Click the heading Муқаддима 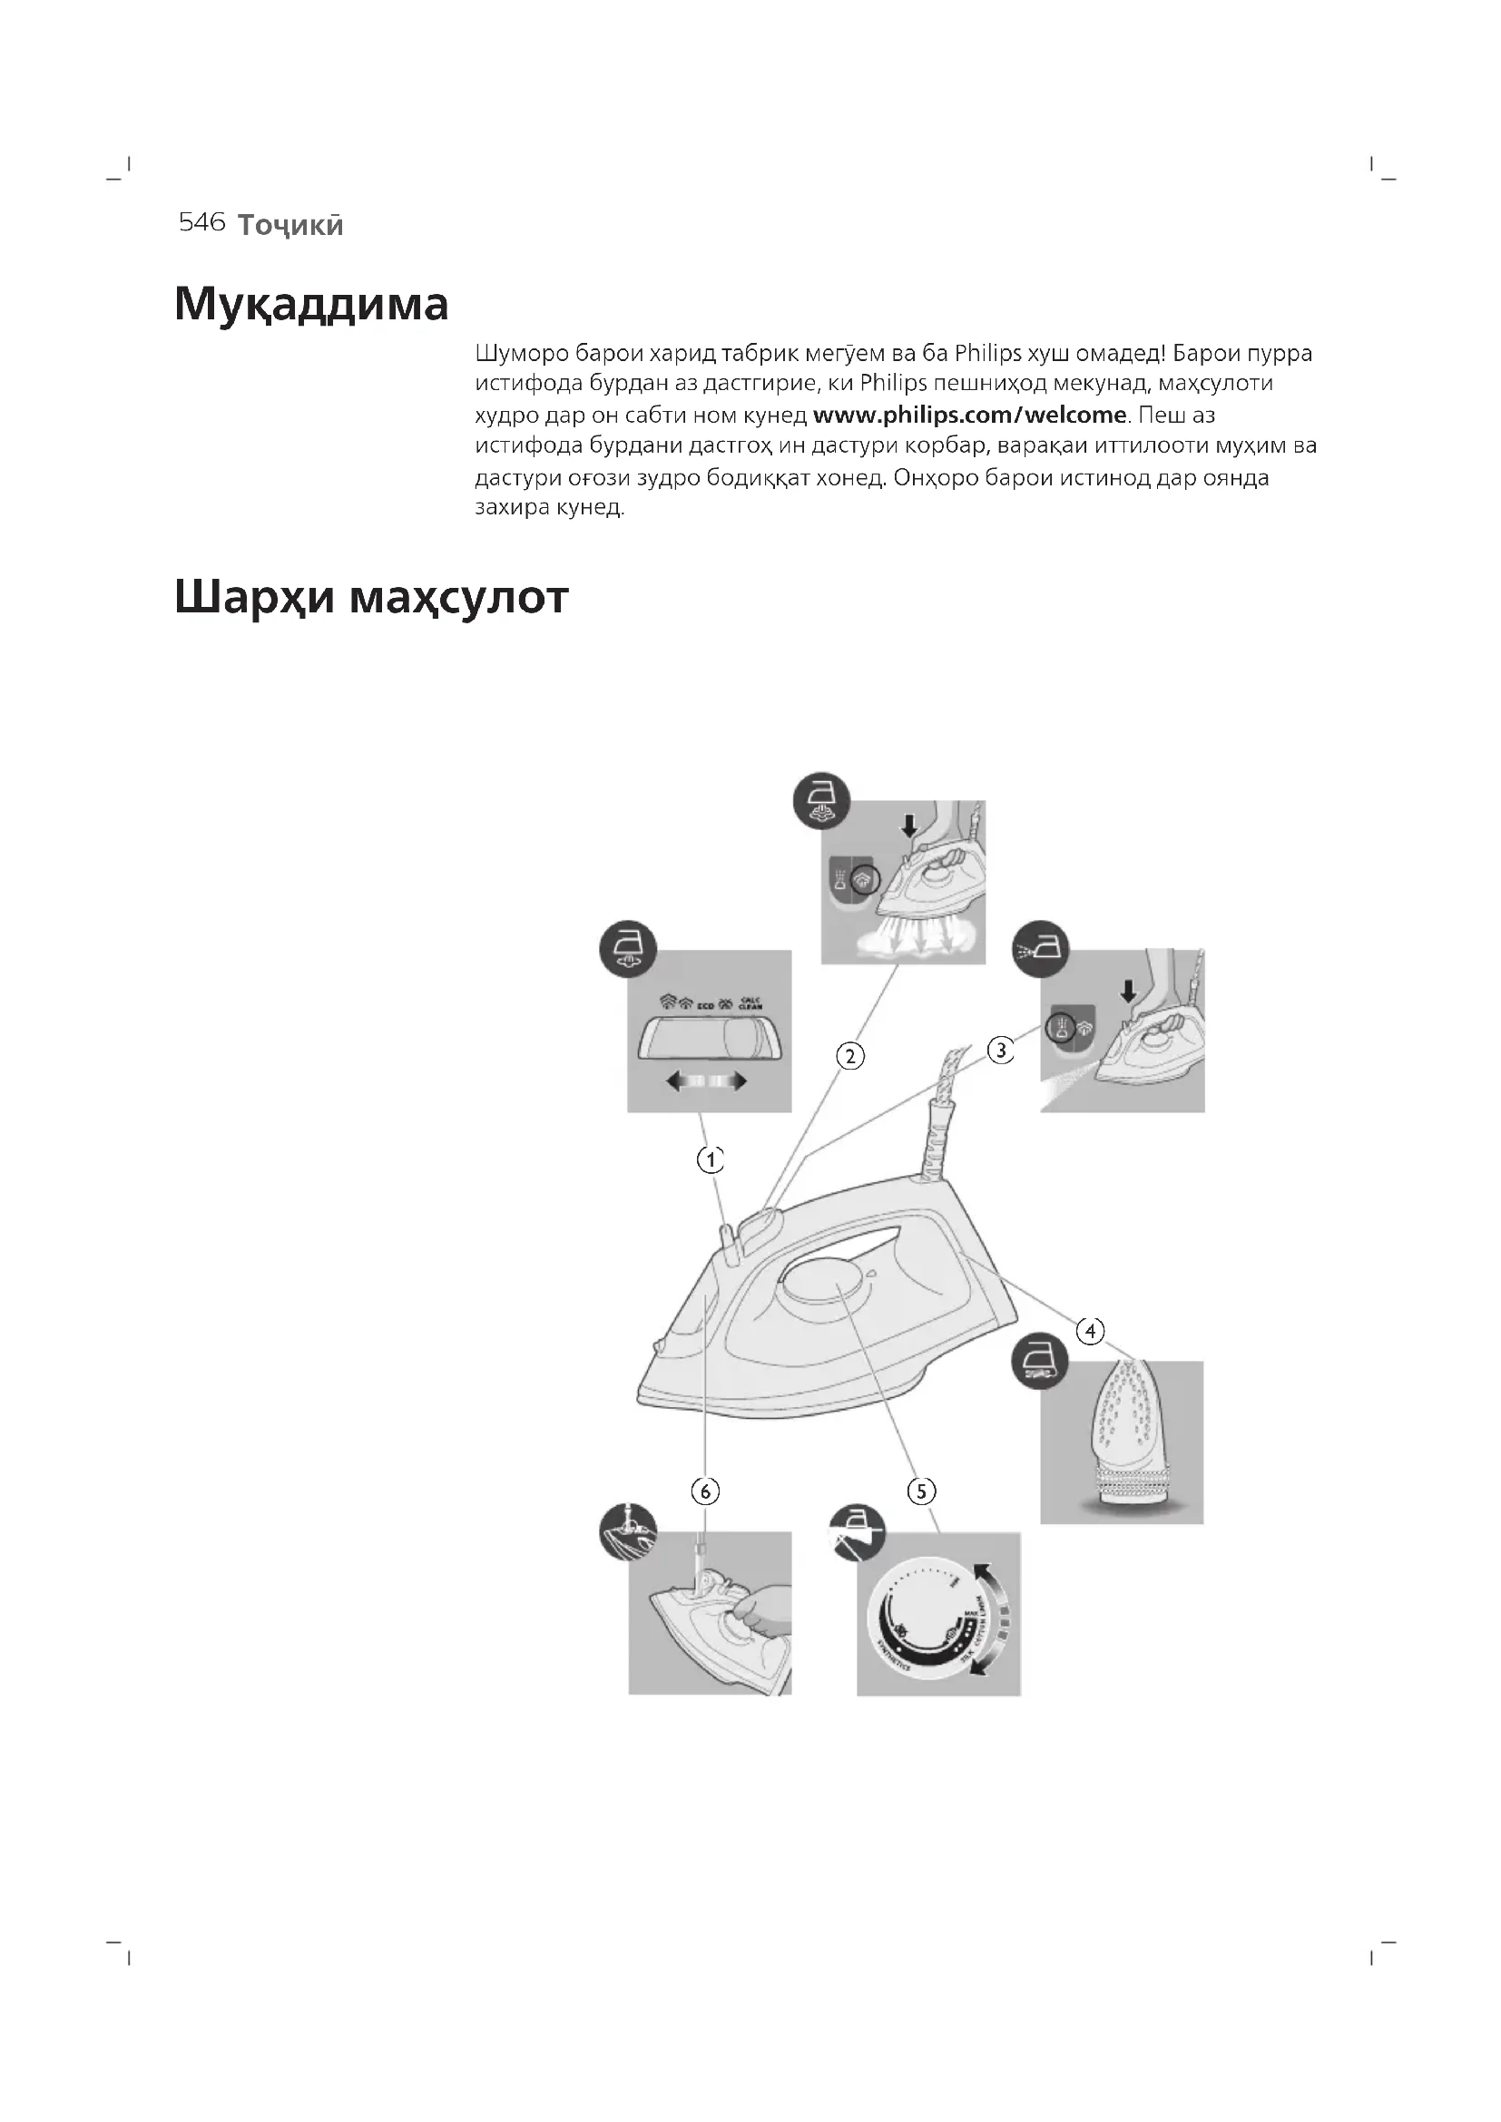point(310,303)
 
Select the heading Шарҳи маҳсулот point(370,598)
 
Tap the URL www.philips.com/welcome point(968,415)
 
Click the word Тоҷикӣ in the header point(290,225)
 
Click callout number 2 point(849,1055)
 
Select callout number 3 point(1001,1050)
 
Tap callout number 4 point(1091,1331)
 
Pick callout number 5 point(920,1491)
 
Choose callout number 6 point(705,1491)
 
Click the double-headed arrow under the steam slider point(707,1081)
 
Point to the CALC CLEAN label point(750,1003)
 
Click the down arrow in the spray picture point(1127,992)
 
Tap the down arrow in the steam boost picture point(909,826)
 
